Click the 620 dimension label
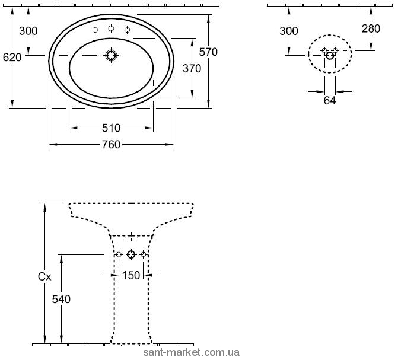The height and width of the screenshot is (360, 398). click(12, 58)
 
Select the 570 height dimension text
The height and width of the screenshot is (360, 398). click(208, 52)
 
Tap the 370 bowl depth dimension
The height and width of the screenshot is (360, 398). click(192, 69)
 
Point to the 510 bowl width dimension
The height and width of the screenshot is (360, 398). click(111, 128)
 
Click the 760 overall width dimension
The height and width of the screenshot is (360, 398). click(111, 145)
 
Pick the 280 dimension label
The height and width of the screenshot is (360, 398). click(371, 28)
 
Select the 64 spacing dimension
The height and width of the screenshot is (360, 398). click(330, 101)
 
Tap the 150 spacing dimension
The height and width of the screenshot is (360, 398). click(131, 275)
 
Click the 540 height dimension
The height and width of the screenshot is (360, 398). click(61, 300)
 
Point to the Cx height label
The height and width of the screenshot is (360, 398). click(44, 276)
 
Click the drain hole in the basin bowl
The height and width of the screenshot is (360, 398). click(111, 55)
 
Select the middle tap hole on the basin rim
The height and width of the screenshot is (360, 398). click(111, 28)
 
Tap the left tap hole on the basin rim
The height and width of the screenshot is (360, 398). click(95, 30)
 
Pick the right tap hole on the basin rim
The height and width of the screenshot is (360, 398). click(127, 30)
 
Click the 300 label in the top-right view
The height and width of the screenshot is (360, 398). click(289, 31)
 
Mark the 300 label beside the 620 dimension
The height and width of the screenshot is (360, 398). click(28, 31)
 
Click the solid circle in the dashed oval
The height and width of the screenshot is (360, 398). click(330, 55)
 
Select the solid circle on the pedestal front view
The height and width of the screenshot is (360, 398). click(131, 254)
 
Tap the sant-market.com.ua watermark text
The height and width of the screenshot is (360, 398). click(192, 353)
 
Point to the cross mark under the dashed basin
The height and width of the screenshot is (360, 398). click(131, 237)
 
